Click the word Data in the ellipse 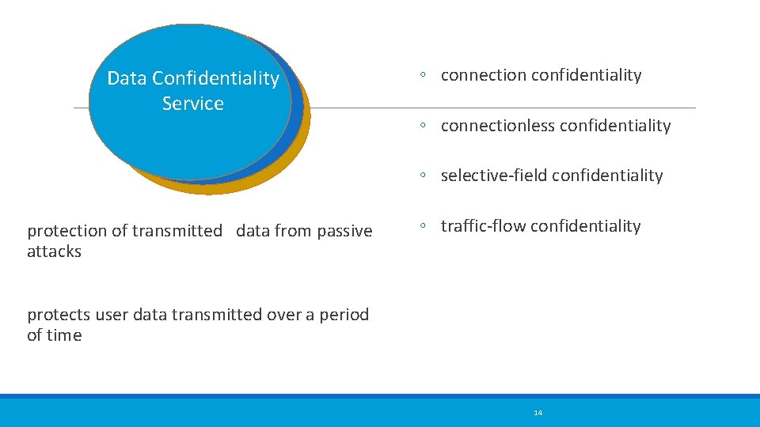pos(127,78)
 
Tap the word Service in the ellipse pos(193,104)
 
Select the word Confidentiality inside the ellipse pos(216,78)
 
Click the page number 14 pos(538,413)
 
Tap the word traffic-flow pos(483,226)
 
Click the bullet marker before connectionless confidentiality pos(425,126)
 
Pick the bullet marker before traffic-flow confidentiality pos(425,226)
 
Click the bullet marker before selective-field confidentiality pos(425,176)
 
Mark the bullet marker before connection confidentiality pos(425,75)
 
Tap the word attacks pos(54,251)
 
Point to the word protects pos(59,315)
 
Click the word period pos(345,315)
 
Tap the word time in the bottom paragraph pos(64,335)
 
